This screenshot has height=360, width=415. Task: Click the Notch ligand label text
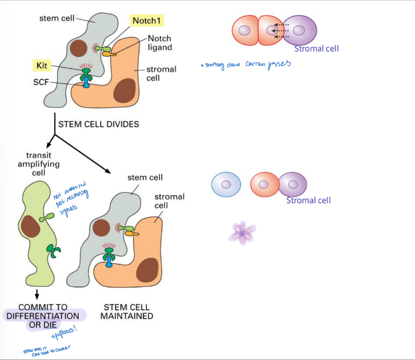pyautogui.click(x=159, y=43)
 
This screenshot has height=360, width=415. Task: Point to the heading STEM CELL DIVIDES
pyautogui.click(x=98, y=124)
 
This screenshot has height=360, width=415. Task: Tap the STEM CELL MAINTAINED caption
pyautogui.click(x=126, y=311)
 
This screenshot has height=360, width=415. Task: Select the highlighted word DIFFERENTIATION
pyautogui.click(x=43, y=316)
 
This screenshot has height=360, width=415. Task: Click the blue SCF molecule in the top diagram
pyautogui.click(x=86, y=84)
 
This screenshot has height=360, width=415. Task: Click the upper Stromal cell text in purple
pyautogui.click(x=316, y=49)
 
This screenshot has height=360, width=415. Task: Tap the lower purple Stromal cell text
pyautogui.click(x=308, y=201)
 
